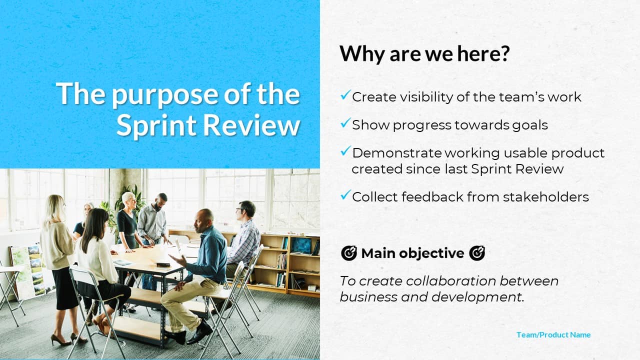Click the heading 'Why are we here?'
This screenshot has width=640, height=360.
coord(424,53)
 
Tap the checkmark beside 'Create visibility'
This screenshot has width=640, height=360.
coord(345,95)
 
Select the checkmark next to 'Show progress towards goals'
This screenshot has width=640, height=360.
coord(345,123)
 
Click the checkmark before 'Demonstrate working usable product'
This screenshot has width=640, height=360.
coord(345,151)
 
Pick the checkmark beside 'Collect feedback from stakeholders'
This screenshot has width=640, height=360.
coord(345,195)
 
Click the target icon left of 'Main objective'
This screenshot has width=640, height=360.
coord(349,253)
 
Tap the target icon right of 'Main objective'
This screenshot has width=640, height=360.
coord(477,253)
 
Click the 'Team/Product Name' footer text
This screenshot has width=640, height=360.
coord(553,334)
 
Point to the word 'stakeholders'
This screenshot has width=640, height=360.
coord(546,197)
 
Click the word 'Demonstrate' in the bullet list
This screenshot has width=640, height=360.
coord(397,153)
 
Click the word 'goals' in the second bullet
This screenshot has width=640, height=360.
coord(529,125)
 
